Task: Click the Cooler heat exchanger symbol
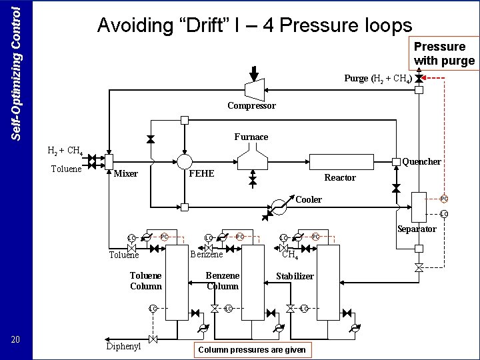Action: click(279, 207)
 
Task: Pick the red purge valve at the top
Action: click(419, 78)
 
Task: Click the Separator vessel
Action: click(418, 206)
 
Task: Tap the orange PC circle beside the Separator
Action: click(443, 199)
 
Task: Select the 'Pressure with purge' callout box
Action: click(444, 53)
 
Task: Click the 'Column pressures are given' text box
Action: click(253, 349)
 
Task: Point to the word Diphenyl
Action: click(123, 347)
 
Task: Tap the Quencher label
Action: click(421, 161)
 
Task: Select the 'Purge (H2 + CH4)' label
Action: click(377, 78)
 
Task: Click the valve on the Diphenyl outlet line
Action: click(153, 340)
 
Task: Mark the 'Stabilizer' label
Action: click(295, 276)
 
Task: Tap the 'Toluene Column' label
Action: click(145, 281)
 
